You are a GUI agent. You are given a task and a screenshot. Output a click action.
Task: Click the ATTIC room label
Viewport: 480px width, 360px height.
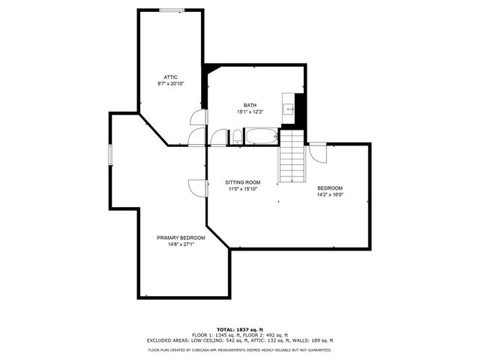[x=171, y=77]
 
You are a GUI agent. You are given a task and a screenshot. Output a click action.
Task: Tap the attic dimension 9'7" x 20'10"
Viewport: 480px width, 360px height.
[x=171, y=84]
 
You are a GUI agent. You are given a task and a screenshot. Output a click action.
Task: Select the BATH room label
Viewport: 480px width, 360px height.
[x=250, y=105]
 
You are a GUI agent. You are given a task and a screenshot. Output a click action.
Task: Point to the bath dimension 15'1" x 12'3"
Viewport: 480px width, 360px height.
[x=250, y=112]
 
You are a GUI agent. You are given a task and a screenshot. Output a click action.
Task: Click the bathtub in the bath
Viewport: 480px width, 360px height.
[x=262, y=137]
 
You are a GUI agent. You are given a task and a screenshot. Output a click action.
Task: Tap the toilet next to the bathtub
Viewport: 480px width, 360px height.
[x=236, y=137]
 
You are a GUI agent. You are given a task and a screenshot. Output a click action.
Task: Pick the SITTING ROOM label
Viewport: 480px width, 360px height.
[x=243, y=182]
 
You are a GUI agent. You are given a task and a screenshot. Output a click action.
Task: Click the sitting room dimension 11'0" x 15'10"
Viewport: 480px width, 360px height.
[x=243, y=189]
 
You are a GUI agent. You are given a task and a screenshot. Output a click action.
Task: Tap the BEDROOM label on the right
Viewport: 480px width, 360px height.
[x=330, y=187]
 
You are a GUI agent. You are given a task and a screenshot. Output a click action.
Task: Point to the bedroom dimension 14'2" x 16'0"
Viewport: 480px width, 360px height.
[x=330, y=194]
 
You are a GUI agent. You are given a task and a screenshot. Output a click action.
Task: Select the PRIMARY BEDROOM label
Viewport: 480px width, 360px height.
[x=181, y=238]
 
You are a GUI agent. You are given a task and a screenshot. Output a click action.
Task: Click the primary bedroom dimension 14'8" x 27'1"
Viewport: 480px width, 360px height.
[x=181, y=244]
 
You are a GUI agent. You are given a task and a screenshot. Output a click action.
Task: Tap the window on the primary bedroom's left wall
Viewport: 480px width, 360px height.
[x=109, y=154]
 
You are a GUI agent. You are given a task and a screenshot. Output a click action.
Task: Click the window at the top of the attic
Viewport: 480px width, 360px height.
[x=171, y=10]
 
